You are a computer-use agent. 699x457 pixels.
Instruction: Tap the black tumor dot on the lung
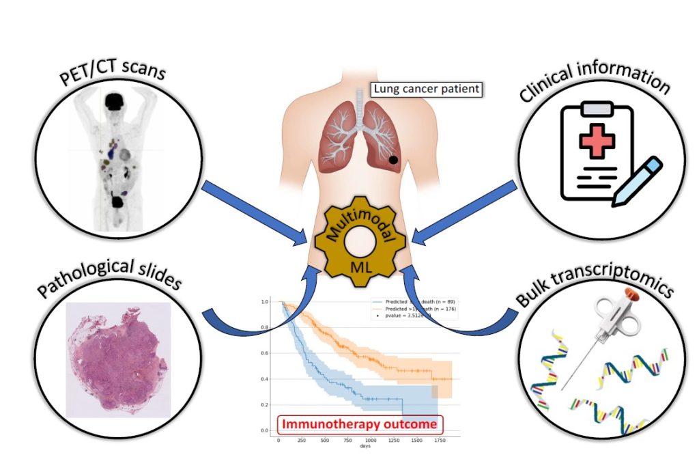[393, 159]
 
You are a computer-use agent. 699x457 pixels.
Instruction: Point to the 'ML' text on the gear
[360, 268]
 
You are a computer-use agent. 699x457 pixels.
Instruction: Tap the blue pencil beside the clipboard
[637, 181]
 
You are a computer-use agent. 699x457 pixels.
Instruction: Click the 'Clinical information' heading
[593, 80]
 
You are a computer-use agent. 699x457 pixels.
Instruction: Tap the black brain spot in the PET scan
[112, 102]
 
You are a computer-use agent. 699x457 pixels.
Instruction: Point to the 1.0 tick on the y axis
[264, 301]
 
